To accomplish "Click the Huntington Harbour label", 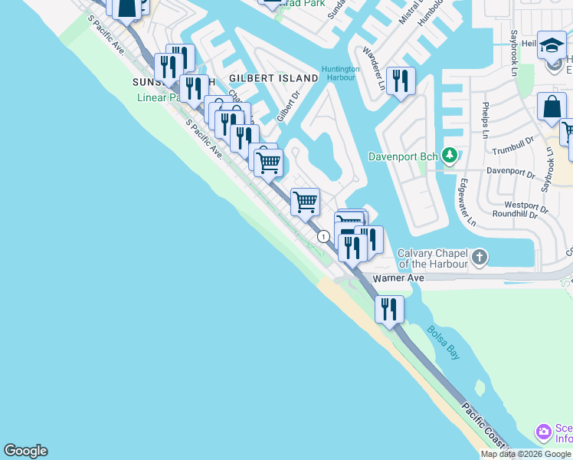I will point(340,73).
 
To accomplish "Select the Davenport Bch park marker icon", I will point(450,156).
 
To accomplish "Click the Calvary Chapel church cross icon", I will point(480,257).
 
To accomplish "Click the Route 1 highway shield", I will point(324,237).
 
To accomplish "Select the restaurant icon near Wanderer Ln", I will point(401,80).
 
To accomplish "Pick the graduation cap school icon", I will point(552,44).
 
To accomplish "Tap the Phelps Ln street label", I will point(485,120).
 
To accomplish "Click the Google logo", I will point(25,451).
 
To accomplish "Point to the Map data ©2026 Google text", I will point(526,454).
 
